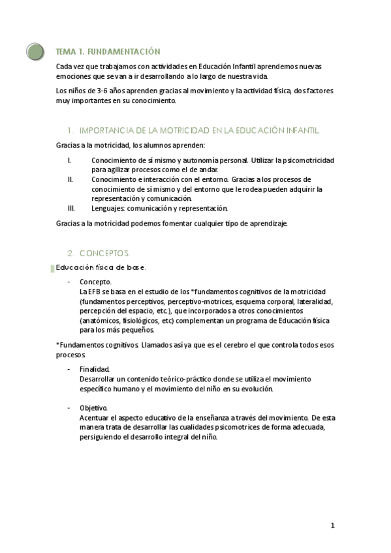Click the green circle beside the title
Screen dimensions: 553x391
36,51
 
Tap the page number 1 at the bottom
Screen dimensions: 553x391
332,526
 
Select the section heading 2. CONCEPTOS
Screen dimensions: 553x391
99,252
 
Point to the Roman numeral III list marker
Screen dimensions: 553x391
71,209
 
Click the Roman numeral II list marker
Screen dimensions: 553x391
70,179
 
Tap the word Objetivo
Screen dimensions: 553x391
93,408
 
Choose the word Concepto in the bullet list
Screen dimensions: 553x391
95,282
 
